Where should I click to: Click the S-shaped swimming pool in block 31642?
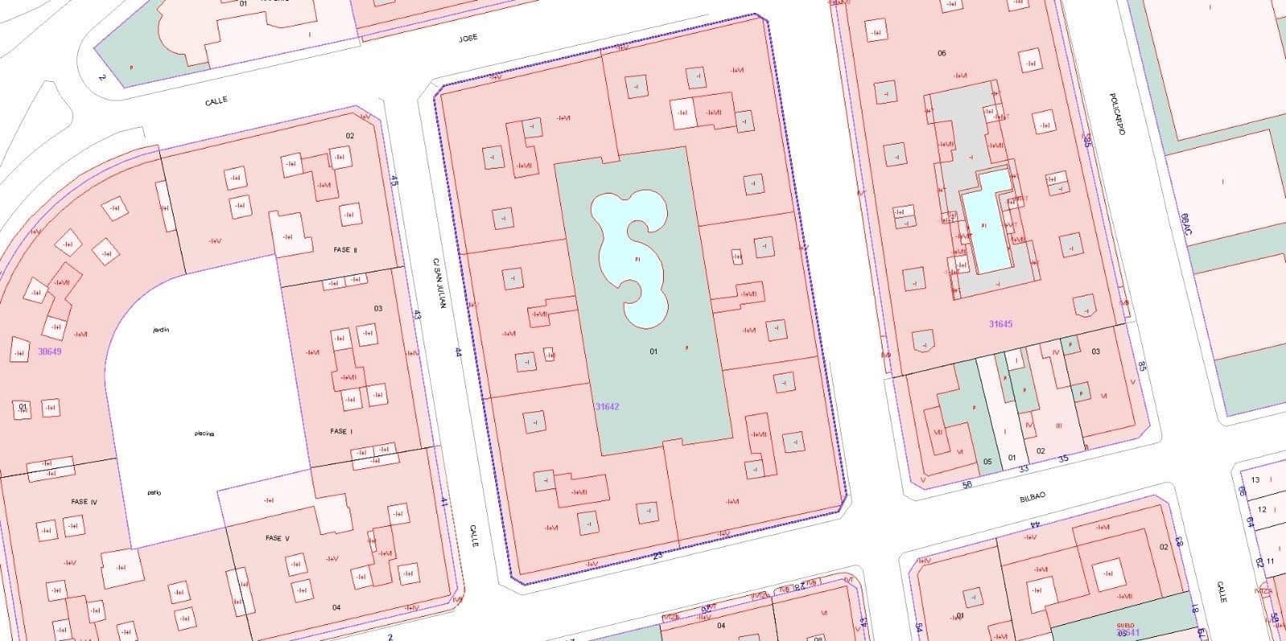pyautogui.click(x=631, y=257)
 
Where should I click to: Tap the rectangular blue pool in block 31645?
pyautogui.click(x=986, y=221)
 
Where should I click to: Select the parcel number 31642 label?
pyautogui.click(x=607, y=406)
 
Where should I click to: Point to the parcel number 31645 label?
pyautogui.click(x=1001, y=324)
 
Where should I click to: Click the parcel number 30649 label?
pyautogui.click(x=50, y=351)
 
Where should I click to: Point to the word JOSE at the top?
pyautogui.click(x=468, y=38)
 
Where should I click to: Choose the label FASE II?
pyautogui.click(x=345, y=250)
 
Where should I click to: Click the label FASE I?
pyautogui.click(x=341, y=431)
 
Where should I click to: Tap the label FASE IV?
pyautogui.click(x=84, y=502)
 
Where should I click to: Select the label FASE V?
pyautogui.click(x=276, y=538)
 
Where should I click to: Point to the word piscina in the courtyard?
pyautogui.click(x=204, y=434)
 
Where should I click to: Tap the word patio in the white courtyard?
pyautogui.click(x=154, y=492)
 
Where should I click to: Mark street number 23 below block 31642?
pyautogui.click(x=657, y=555)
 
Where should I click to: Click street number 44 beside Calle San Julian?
pyautogui.click(x=458, y=351)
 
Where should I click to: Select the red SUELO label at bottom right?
pyautogui.click(x=1125, y=624)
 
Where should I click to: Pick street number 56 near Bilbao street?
pyautogui.click(x=967, y=484)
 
